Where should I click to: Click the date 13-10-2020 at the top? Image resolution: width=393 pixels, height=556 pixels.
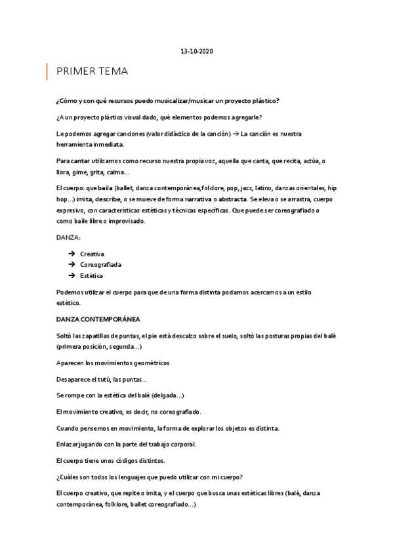point(196,50)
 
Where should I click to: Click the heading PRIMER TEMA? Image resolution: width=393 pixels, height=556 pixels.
point(92,71)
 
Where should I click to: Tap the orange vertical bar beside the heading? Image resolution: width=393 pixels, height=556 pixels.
point(47,71)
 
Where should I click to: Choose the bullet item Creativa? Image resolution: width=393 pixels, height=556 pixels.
point(92,253)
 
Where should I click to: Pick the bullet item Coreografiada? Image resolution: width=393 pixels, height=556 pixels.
point(100,264)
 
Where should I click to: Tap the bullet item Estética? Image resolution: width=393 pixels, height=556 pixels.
point(91,275)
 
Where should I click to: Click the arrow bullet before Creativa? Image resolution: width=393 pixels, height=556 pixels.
point(70,253)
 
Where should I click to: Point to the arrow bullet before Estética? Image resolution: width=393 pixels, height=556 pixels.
point(70,275)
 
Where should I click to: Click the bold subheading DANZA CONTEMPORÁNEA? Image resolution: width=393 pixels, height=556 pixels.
point(98,319)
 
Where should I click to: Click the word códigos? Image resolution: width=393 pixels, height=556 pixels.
point(127,460)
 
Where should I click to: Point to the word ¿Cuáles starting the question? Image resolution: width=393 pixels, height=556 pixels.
point(70,476)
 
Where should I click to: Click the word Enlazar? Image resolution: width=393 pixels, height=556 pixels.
point(69,444)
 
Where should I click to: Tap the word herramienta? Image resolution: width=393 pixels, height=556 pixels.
point(76,144)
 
